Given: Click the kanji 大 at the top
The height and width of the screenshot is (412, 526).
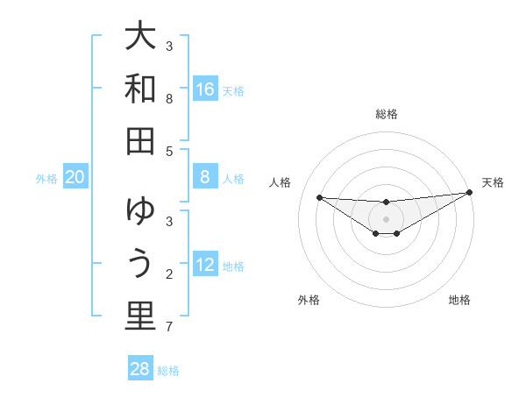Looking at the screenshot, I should point(140,38).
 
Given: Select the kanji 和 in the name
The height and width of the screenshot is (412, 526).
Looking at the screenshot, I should point(140,89).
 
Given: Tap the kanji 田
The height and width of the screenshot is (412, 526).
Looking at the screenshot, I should point(140,140).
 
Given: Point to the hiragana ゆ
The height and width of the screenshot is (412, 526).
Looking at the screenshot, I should point(140,213).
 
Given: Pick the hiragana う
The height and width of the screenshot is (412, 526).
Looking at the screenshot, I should point(140,264).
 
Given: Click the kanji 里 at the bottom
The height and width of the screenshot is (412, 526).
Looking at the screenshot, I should point(140,316).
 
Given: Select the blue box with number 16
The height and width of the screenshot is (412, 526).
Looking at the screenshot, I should point(204,89).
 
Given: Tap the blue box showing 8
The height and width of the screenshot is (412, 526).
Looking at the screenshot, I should point(204,177).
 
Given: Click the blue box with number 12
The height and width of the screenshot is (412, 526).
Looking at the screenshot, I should point(204,265).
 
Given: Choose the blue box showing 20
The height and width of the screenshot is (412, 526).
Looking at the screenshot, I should point(75,177).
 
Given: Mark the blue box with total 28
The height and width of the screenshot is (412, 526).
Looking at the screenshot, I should point(140,369).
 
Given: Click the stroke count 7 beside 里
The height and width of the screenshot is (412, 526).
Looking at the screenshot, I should point(169,328).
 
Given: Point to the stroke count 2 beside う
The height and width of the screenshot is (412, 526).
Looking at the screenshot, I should point(169,275).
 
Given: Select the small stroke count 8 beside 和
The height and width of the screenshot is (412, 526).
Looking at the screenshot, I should point(169,99).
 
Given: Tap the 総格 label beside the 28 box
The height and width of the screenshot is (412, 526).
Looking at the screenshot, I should point(168,371).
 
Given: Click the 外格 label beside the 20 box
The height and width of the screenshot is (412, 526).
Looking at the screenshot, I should point(46,179).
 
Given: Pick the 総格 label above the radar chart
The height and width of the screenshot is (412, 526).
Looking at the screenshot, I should point(386,114).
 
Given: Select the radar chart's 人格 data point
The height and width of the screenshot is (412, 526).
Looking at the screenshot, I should point(319,197).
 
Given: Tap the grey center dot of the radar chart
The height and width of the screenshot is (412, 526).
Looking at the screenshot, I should point(386,218).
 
